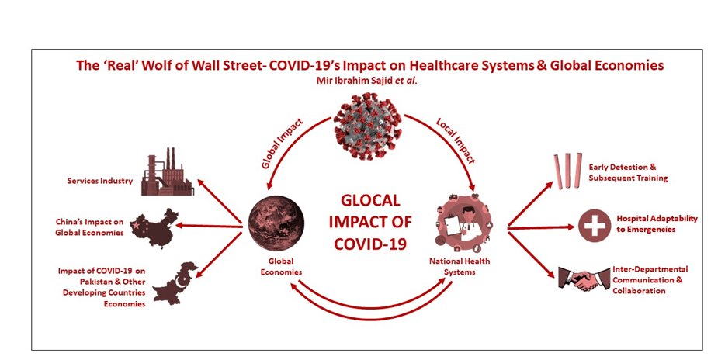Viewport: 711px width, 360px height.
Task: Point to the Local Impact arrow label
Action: pyautogui.click(x=456, y=142)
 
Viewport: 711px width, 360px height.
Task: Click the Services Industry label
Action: pyautogui.click(x=100, y=182)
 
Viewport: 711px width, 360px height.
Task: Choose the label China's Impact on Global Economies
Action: pyautogui.click(x=91, y=227)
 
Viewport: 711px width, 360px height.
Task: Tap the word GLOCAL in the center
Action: pyautogui.click(x=370, y=201)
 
